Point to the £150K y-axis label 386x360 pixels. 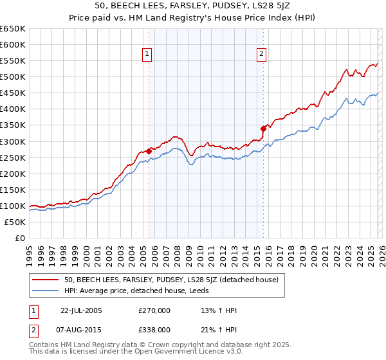(13, 190)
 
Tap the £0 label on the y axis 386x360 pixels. (20, 238)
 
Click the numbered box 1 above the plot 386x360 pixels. (149, 55)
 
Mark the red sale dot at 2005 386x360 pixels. (149, 151)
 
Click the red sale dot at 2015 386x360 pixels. (263, 129)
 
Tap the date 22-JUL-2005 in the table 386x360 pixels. (81, 310)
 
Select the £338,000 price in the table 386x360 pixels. (154, 329)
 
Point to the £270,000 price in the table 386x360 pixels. (154, 310)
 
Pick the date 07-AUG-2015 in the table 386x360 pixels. (81, 329)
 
